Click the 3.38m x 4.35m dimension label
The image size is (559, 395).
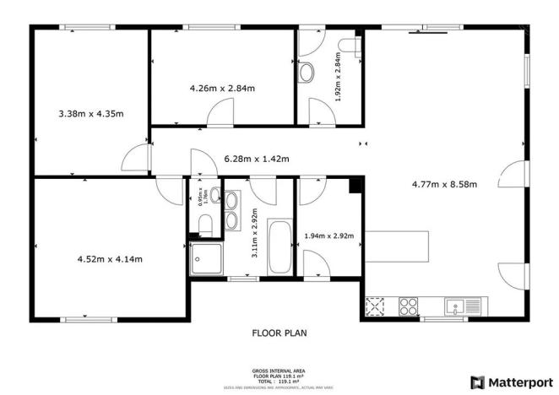91,113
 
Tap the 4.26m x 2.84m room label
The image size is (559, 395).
222,87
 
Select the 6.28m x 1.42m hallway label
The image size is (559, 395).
256,159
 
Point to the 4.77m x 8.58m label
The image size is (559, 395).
444,184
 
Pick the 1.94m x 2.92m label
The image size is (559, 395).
328,236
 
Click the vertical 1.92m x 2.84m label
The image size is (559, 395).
338,77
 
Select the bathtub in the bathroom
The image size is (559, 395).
278,246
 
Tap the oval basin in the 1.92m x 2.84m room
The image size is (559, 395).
307,71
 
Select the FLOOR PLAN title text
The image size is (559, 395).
279,333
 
